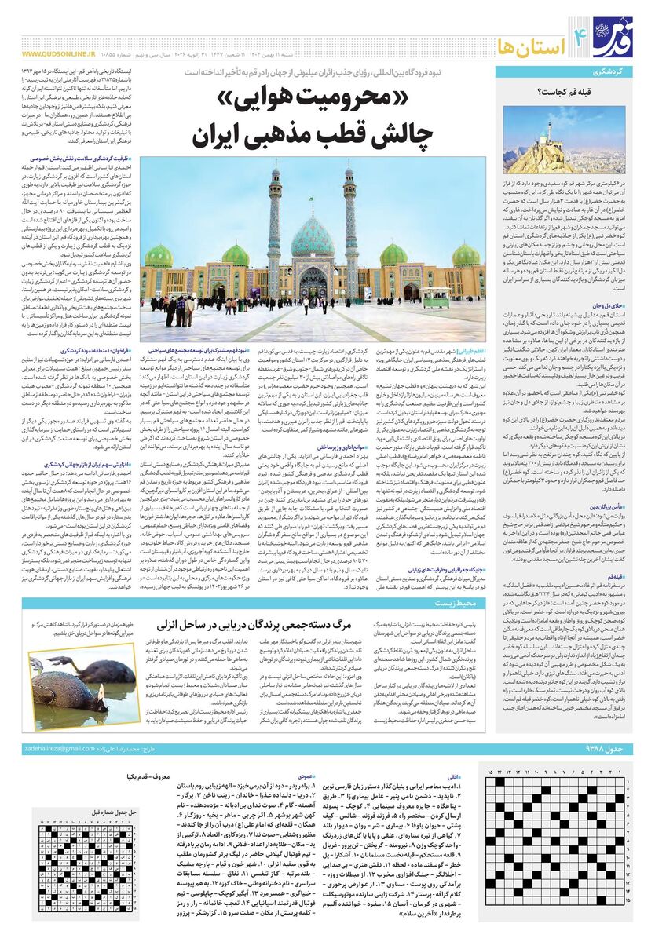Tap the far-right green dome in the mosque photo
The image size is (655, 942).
(x=465, y=256)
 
